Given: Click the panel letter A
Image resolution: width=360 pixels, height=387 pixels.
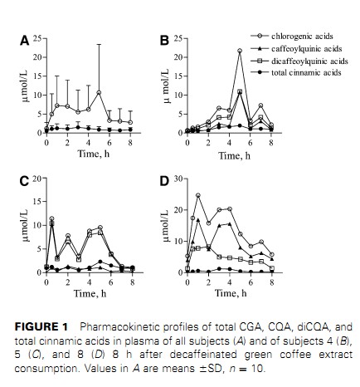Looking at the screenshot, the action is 24,41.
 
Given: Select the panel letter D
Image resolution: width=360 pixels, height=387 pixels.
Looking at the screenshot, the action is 164,181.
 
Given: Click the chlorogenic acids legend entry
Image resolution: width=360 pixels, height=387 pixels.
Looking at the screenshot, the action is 292,36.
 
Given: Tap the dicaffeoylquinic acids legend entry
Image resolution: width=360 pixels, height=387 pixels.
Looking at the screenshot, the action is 299,61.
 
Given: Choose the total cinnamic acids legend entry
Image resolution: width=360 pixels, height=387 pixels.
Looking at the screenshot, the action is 296,72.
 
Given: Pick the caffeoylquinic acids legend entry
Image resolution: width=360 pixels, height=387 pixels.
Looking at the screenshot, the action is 296,49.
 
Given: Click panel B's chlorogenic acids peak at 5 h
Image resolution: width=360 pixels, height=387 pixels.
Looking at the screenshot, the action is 240,51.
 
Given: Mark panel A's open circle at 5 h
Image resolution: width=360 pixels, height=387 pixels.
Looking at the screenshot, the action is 99,92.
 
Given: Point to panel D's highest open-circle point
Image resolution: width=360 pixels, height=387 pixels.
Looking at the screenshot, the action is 198,195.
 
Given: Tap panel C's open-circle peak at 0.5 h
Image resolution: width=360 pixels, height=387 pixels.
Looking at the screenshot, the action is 51,218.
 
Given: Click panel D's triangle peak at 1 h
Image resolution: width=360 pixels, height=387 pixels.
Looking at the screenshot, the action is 198,220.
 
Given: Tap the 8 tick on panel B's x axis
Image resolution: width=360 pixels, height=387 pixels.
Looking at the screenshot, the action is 271,143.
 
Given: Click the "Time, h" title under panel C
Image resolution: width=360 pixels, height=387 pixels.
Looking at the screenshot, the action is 90,293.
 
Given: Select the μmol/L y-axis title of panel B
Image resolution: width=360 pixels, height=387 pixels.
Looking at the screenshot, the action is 166,86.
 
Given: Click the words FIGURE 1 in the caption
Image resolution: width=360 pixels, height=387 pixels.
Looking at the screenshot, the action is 41,326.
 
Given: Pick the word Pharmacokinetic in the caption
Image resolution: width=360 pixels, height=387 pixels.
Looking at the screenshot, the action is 119,326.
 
